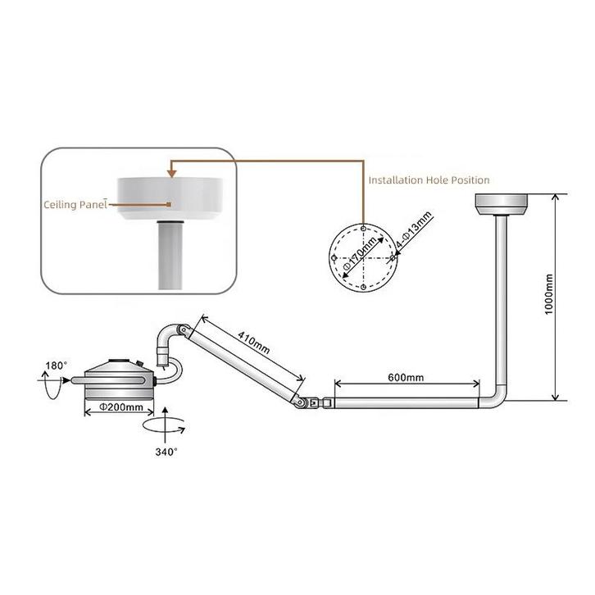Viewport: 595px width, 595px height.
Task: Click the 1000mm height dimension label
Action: pos(549,297)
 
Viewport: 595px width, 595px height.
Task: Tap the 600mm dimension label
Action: pos(405,378)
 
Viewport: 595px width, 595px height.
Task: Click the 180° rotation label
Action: pos(57,364)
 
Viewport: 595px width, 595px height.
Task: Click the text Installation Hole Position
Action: pos(429,179)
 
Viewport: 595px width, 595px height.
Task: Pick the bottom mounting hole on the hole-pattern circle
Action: pos(362,288)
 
